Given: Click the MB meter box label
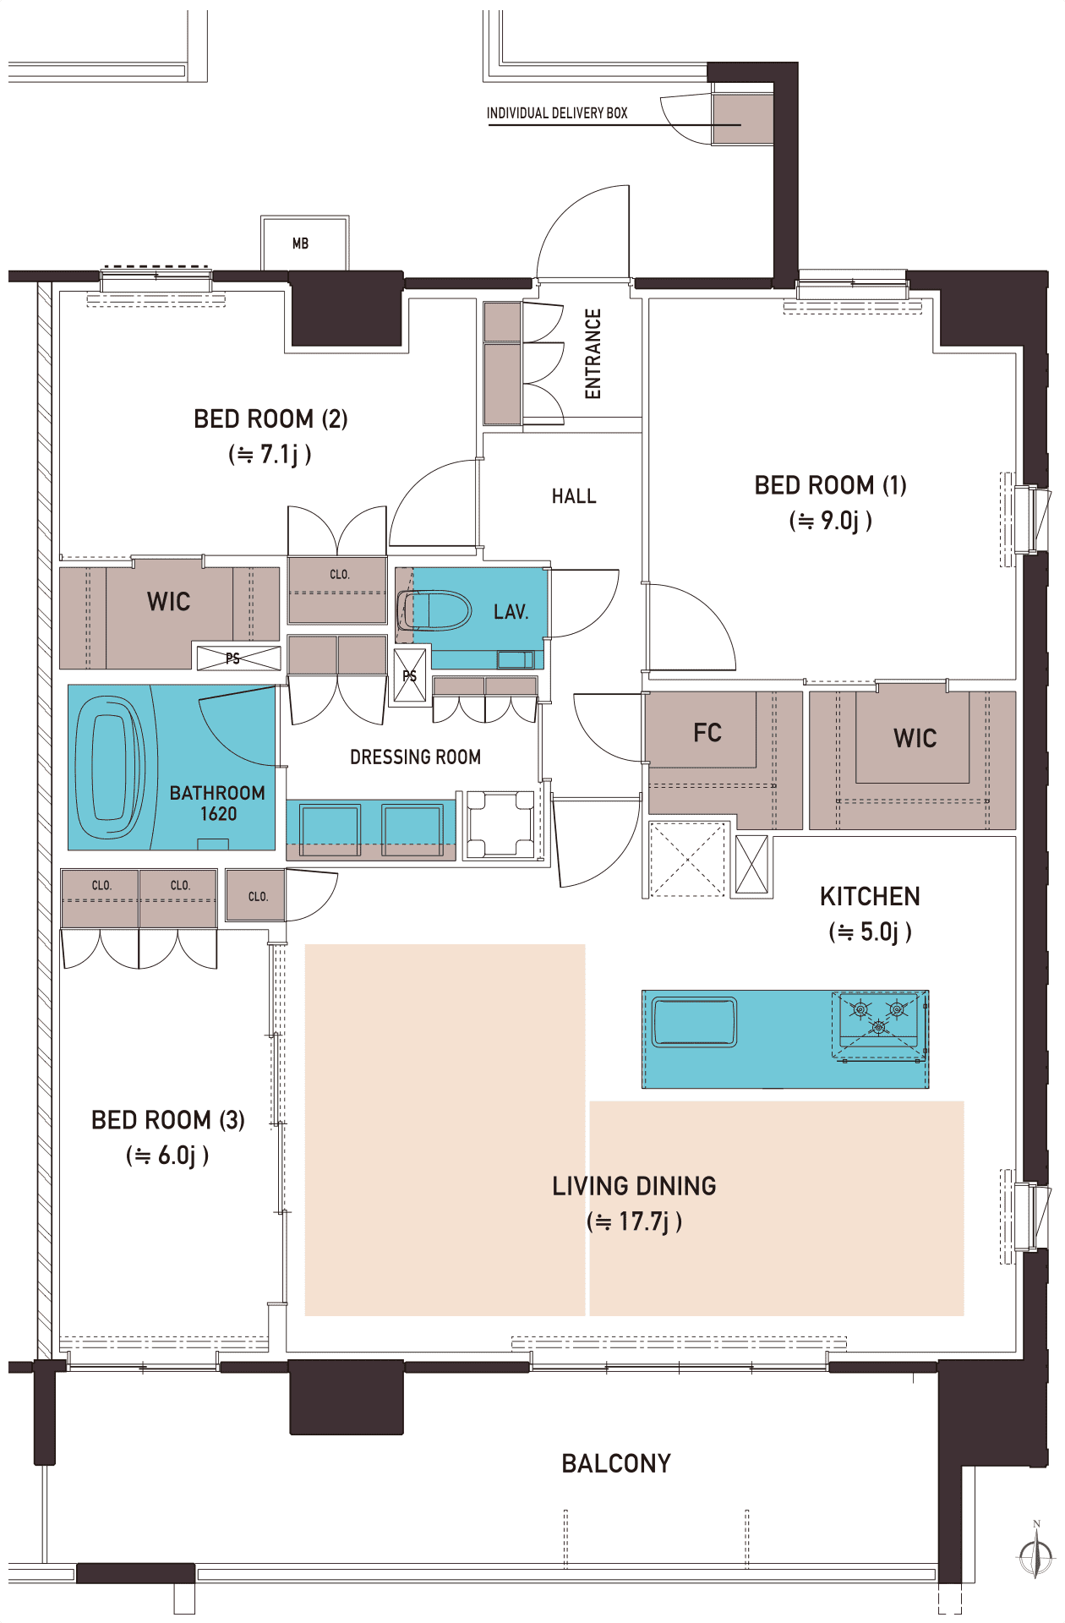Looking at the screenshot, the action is [300, 243].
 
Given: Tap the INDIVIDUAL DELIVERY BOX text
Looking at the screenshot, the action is [557, 113].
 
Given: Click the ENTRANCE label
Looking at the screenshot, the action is [593, 353].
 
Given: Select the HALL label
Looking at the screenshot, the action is [574, 496].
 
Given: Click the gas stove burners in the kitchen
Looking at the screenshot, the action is [879, 1017].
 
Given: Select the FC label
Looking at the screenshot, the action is [707, 733].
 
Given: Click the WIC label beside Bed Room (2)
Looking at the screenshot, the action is [169, 602].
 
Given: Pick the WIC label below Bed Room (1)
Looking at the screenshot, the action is [915, 739].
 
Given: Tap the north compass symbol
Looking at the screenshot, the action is [1036, 1552].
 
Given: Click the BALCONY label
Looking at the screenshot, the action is [616, 1464].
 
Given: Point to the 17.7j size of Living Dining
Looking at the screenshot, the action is [644, 1221].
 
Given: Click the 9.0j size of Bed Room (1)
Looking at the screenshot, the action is [840, 521].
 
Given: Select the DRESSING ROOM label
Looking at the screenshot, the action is [416, 757].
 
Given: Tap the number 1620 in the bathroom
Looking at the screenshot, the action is [218, 814].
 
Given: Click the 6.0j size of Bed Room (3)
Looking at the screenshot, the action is [177, 1156].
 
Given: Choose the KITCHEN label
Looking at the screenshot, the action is [870, 897].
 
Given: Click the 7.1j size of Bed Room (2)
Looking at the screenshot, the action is [280, 455].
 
